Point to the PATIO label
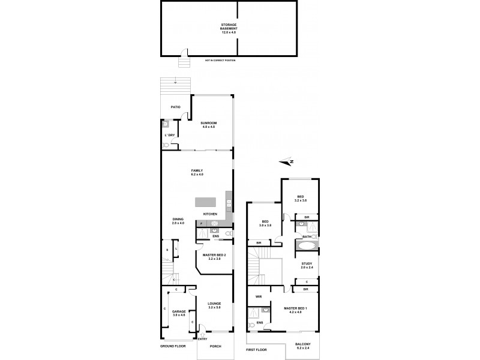(x=175, y=107)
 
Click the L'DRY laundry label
(x=170, y=135)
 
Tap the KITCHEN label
(x=210, y=214)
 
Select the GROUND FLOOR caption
(x=172, y=347)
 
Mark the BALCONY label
(x=302, y=346)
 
